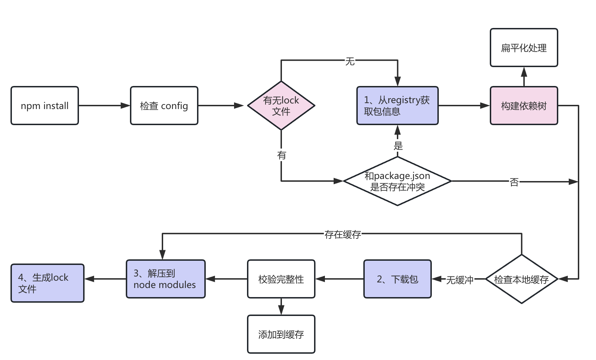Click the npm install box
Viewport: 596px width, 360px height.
pos(45,106)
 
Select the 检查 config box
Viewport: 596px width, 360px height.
pos(164,106)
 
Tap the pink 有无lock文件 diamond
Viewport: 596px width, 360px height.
pos(281,106)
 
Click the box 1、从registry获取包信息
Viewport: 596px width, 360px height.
pos(397,106)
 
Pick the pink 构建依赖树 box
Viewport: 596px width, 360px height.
pos(524,106)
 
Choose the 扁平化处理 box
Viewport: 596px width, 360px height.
pos(524,48)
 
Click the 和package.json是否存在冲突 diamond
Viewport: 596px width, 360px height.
pos(397,181)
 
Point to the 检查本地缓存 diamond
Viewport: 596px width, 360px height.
pos(521,279)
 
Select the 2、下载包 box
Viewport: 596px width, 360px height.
pos(397,279)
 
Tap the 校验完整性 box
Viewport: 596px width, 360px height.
pos(281,279)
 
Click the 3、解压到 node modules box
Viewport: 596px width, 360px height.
pos(166,279)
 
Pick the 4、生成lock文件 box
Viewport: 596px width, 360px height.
pos(48,283)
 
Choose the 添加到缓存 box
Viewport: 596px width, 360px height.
pos(281,334)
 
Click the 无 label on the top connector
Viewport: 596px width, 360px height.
pos(350,62)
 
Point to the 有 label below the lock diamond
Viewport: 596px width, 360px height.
pos(282,155)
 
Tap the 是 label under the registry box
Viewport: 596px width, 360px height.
pos(398,145)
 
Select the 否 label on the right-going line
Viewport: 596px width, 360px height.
pos(514,182)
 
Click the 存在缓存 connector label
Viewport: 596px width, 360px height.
pos(342,235)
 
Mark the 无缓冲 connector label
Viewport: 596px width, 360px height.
pos(459,280)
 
